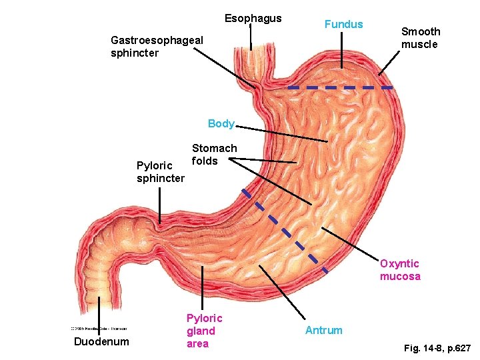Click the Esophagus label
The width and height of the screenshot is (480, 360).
pos(253,19)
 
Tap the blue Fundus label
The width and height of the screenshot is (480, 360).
pos(343,25)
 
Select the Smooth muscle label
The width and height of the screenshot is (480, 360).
pos(420,38)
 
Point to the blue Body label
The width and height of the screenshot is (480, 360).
pos(221,123)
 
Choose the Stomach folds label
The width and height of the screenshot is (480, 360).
pos(214,154)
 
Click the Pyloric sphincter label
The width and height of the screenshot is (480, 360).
pos(160,172)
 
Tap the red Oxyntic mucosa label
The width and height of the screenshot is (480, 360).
pos(400,270)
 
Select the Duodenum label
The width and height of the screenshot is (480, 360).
pos(101,342)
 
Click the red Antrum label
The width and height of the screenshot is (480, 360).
pos(323,330)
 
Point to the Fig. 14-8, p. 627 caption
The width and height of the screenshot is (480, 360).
pos(437,348)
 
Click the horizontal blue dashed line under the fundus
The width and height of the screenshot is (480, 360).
pos(340,87)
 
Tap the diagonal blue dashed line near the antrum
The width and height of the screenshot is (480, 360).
pos(284,230)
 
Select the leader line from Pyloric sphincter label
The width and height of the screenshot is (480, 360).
pos(160,203)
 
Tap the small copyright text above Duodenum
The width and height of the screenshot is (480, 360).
pos(99,328)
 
